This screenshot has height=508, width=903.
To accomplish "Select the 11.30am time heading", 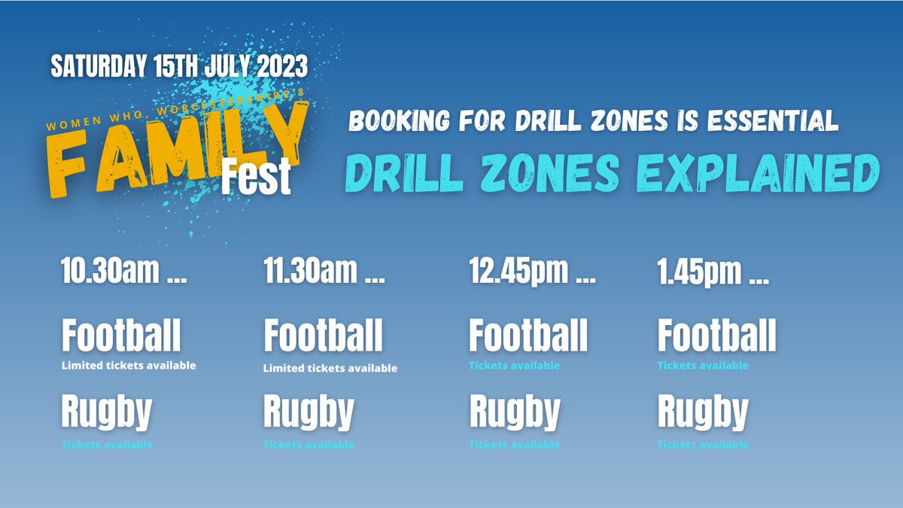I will click(324, 272).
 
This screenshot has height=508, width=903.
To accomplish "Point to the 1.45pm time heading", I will click(713, 272).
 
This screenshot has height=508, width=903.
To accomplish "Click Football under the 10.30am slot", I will click(121, 336).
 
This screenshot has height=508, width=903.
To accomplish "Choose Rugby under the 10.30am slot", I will click(106, 413).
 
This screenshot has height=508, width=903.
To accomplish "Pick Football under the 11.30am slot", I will click(323, 336).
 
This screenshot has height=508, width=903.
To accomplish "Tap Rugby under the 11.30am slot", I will click(309, 413).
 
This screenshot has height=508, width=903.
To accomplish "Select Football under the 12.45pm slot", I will click(528, 336).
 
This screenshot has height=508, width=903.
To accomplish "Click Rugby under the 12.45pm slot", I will click(515, 413).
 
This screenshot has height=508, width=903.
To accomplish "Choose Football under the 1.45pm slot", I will click(716, 336).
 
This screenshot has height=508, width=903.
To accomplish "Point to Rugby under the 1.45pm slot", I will click(703, 413).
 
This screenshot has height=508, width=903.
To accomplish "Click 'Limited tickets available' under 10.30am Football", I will click(129, 366).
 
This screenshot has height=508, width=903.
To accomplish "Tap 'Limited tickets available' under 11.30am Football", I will click(330, 369).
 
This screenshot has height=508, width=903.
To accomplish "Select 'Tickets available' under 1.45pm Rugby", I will click(703, 445).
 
